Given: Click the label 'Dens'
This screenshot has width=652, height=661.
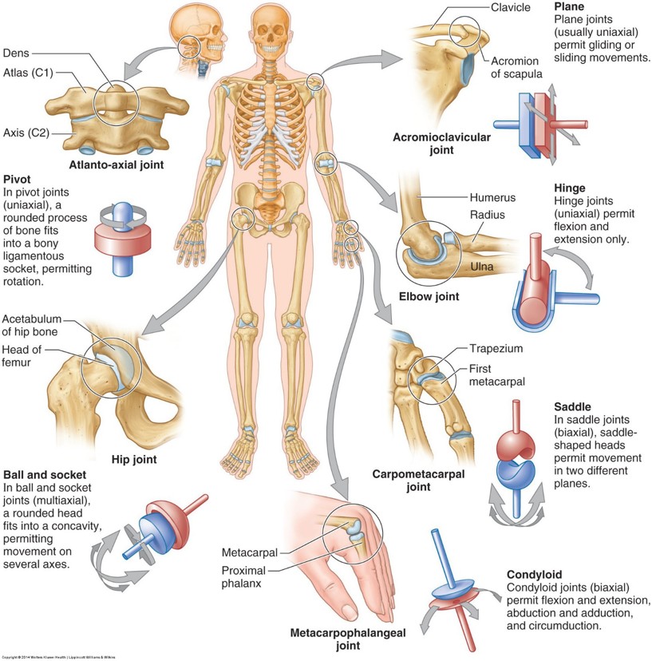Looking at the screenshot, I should coord(18,54).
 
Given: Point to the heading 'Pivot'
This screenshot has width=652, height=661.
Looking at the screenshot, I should coord(18,179).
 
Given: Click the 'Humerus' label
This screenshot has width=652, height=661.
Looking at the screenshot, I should coord(498,197).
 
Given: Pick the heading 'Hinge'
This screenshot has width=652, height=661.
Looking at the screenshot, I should coord(569,188).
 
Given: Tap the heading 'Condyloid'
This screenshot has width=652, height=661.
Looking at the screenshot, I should coord(534,574).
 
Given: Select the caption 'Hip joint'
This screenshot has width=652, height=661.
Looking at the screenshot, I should coord(134,459).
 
